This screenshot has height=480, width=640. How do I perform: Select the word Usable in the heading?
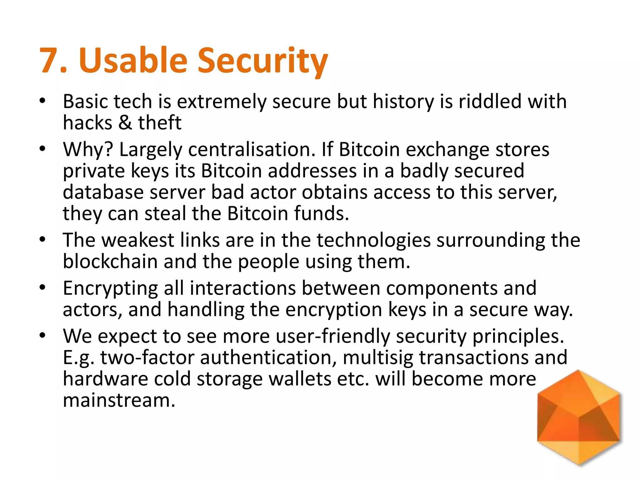click(x=133, y=60)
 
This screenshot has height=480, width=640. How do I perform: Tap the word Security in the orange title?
click(x=263, y=61)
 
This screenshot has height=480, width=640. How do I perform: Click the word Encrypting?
click(x=110, y=288)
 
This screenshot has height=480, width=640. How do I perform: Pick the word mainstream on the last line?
click(x=119, y=400)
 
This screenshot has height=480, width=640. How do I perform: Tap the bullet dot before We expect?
click(x=42, y=336)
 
